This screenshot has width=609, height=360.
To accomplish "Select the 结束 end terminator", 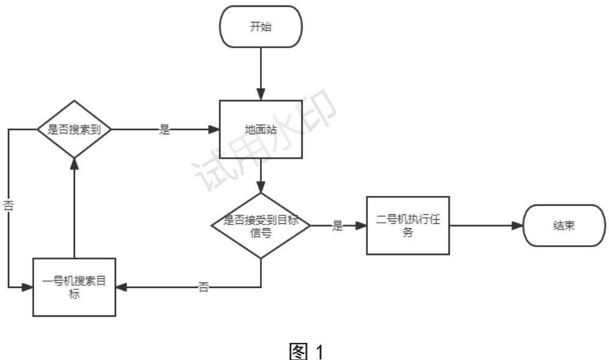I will (565, 225).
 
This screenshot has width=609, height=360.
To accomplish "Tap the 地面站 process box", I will (261, 130).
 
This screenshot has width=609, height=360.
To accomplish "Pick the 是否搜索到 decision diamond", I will (74, 129).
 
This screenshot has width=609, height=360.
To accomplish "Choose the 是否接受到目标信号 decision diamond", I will (261, 225).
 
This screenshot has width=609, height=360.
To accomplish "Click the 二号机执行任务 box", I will (408, 225).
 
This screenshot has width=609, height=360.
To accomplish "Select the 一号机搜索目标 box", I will (74, 286).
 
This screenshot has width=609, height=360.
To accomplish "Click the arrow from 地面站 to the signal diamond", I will (261, 177).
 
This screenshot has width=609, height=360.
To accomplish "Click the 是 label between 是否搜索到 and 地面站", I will (164, 130).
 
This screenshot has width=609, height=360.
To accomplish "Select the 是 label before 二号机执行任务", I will (337, 225).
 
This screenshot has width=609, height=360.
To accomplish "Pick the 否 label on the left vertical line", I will (9, 206).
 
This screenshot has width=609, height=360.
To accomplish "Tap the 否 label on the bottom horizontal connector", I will (204, 287).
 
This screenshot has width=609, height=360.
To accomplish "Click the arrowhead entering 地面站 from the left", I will (214, 130).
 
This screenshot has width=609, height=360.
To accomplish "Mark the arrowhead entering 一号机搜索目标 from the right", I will (121, 286).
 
